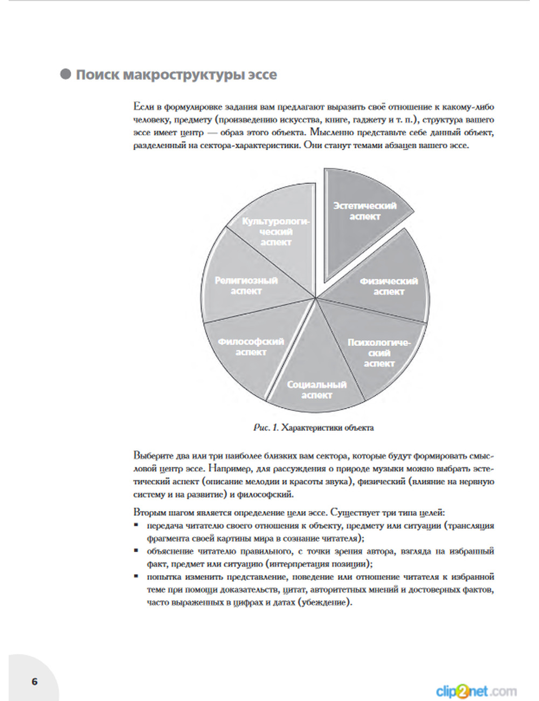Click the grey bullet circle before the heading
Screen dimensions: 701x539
66,74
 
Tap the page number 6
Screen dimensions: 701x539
34,681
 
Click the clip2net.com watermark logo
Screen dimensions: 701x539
476,691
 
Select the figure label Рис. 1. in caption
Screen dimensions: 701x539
266,428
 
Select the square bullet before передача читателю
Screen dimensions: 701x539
136,525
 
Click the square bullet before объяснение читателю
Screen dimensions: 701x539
136,551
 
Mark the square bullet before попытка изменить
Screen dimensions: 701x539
136,576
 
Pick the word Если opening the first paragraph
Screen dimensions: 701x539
143,107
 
